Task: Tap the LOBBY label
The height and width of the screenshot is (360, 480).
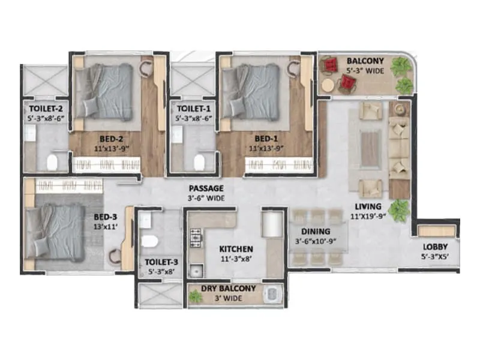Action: coord(435,247)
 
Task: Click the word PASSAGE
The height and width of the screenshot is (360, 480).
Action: coord(204,188)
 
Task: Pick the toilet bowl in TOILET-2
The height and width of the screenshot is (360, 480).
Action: coord(52,160)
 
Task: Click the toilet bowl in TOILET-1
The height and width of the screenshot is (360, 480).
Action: coord(200,160)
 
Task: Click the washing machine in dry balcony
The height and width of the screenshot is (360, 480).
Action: coord(273,296)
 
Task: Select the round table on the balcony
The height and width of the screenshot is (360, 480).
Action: coord(327,86)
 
